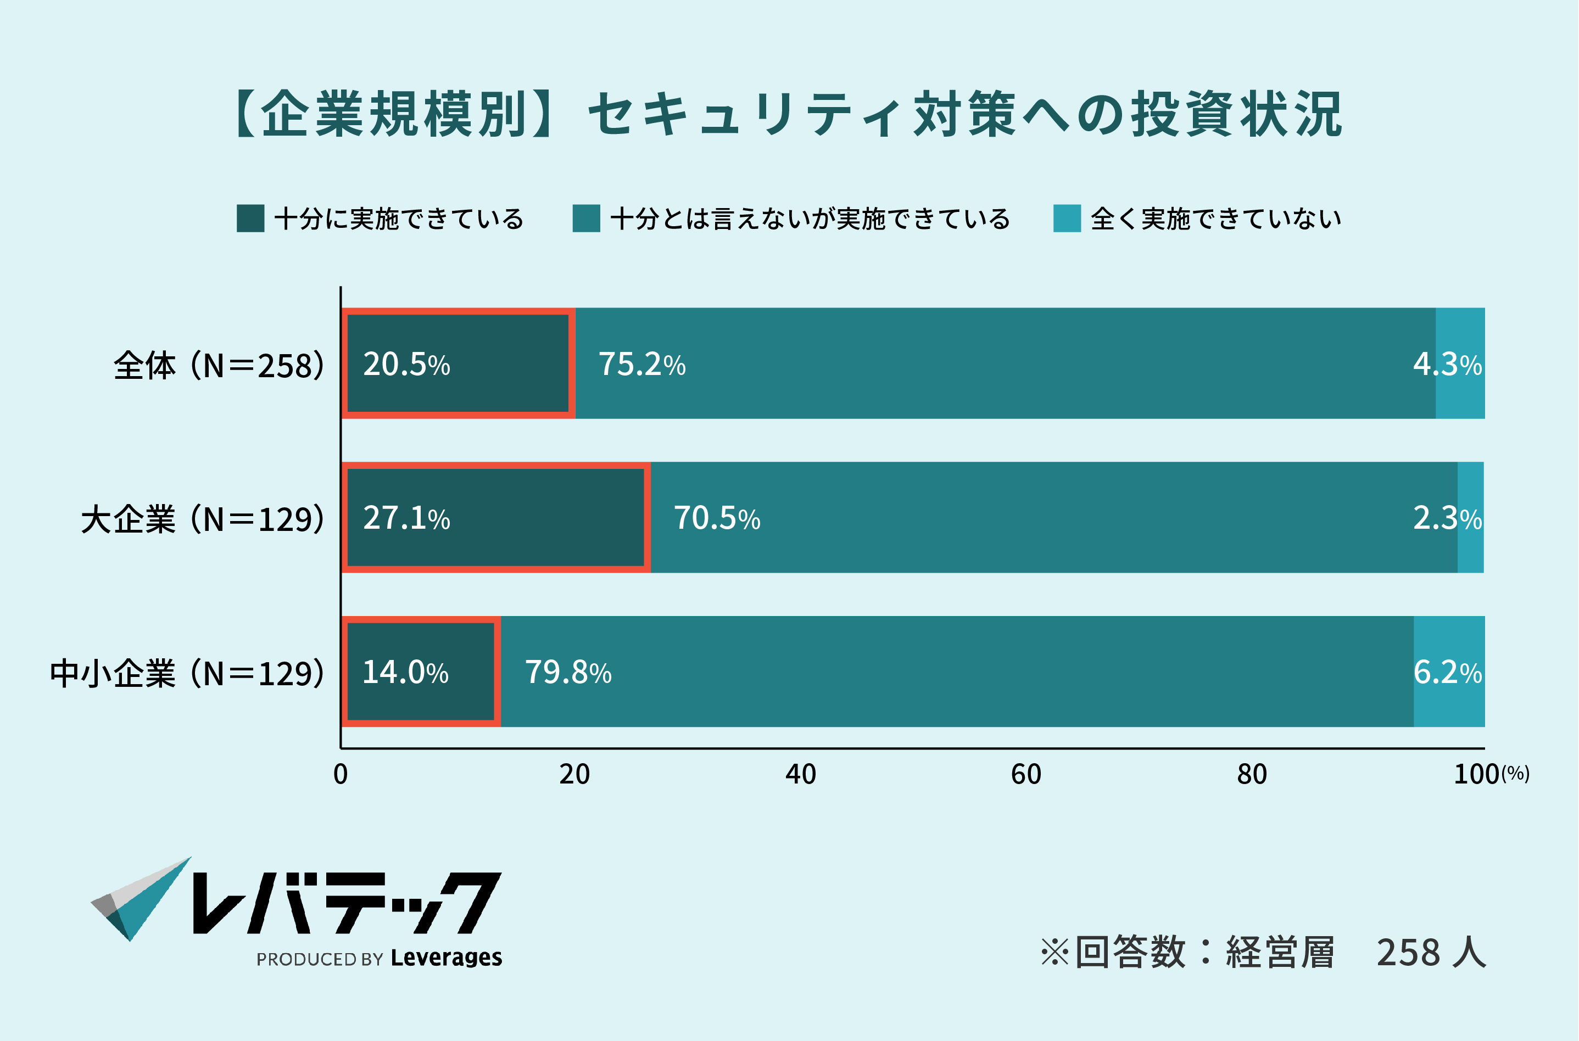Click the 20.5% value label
point(406,365)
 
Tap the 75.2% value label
point(641,365)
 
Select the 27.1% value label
point(406,518)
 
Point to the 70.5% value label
point(717,518)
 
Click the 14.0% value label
point(405,673)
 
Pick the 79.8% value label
point(568,673)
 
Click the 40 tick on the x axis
point(800,775)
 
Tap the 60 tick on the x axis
point(1026,775)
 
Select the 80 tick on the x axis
point(1252,775)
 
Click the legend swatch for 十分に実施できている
point(250,219)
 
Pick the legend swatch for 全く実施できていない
point(1067,219)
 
